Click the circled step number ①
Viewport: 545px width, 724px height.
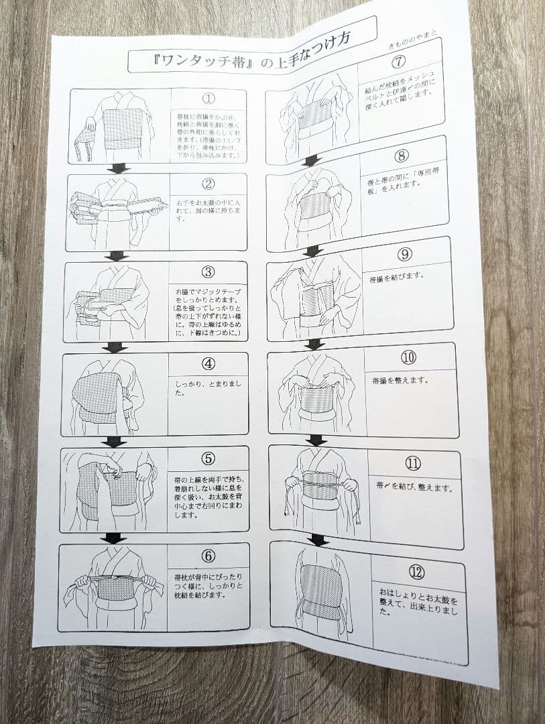[208, 99]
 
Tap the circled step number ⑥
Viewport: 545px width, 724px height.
[208, 555]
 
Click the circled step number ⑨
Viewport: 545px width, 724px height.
[404, 255]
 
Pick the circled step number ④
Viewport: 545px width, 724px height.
[208, 365]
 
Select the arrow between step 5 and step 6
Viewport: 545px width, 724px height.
[113, 538]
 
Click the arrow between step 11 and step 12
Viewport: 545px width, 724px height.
[318, 540]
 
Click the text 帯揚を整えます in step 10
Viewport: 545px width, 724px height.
[401, 380]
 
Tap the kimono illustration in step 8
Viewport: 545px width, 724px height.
[313, 204]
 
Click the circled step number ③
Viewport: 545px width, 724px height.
[208, 272]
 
